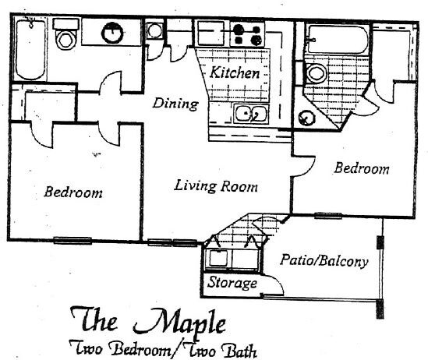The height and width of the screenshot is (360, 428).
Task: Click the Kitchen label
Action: (x=235, y=72)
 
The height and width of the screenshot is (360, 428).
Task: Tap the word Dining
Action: (x=175, y=104)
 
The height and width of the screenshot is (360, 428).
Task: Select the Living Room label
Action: (x=216, y=186)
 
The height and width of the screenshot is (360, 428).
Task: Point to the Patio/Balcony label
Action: (x=324, y=261)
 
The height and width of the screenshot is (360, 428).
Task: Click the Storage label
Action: (x=232, y=283)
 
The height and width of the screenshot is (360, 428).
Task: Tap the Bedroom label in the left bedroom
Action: (x=73, y=192)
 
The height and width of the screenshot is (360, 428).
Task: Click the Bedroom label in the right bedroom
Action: (x=362, y=168)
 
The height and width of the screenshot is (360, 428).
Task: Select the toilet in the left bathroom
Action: (x=65, y=34)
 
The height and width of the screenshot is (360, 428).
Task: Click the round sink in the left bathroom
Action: (x=112, y=33)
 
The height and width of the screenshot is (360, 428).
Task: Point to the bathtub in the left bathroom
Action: (x=30, y=48)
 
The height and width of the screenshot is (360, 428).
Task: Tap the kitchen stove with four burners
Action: (x=248, y=34)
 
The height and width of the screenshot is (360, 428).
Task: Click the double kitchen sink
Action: (x=251, y=113)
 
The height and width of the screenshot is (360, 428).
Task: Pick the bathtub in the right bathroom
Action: (x=338, y=39)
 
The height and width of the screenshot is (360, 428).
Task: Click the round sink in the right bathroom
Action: (x=306, y=118)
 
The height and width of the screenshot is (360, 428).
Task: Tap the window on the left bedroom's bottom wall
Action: (x=73, y=241)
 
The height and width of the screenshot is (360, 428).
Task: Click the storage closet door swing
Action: (x=274, y=284)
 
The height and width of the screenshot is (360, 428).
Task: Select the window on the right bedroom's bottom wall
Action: (x=328, y=216)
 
